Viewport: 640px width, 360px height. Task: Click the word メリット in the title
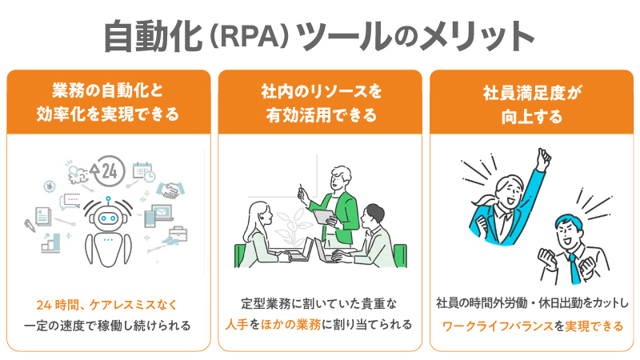tap(476, 36)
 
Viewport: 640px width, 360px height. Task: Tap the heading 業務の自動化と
tap(107, 90)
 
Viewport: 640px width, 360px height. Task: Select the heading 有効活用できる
tap(322, 115)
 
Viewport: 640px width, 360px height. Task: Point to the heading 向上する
tap(532, 117)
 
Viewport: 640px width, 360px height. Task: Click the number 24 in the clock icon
tap(109, 171)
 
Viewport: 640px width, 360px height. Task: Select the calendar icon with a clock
tap(144, 171)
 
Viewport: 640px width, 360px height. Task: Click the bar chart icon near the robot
tap(51, 243)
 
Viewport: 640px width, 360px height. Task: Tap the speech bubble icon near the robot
tap(70, 202)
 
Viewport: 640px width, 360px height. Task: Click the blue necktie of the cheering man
tap(575, 269)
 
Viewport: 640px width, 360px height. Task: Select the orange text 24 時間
tap(57, 305)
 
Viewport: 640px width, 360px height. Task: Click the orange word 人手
tap(237, 325)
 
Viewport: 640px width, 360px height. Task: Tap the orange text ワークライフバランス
tap(498, 326)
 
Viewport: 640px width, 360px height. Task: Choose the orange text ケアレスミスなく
tap(134, 305)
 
